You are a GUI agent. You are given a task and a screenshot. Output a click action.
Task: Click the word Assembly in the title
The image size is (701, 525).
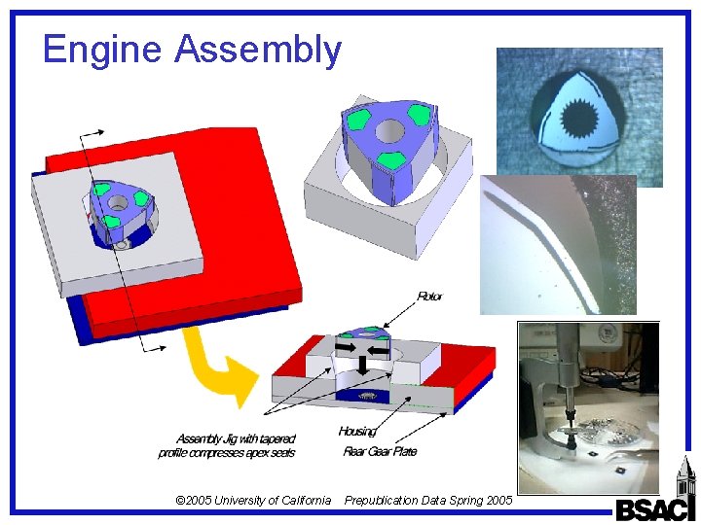coord(258,51)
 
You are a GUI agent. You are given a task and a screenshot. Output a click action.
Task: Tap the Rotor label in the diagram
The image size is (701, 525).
coord(429,296)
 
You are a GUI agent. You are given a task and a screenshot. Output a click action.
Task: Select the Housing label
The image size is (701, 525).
coord(357,431)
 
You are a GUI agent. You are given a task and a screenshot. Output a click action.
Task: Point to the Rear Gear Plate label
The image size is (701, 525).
coord(380,451)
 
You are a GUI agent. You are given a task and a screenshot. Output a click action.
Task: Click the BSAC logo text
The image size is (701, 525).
coord(654,507)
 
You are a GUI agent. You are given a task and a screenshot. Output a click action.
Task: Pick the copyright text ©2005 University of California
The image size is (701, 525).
coord(252,501)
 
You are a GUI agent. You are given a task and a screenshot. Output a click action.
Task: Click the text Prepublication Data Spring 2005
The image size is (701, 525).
coord(428,501)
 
